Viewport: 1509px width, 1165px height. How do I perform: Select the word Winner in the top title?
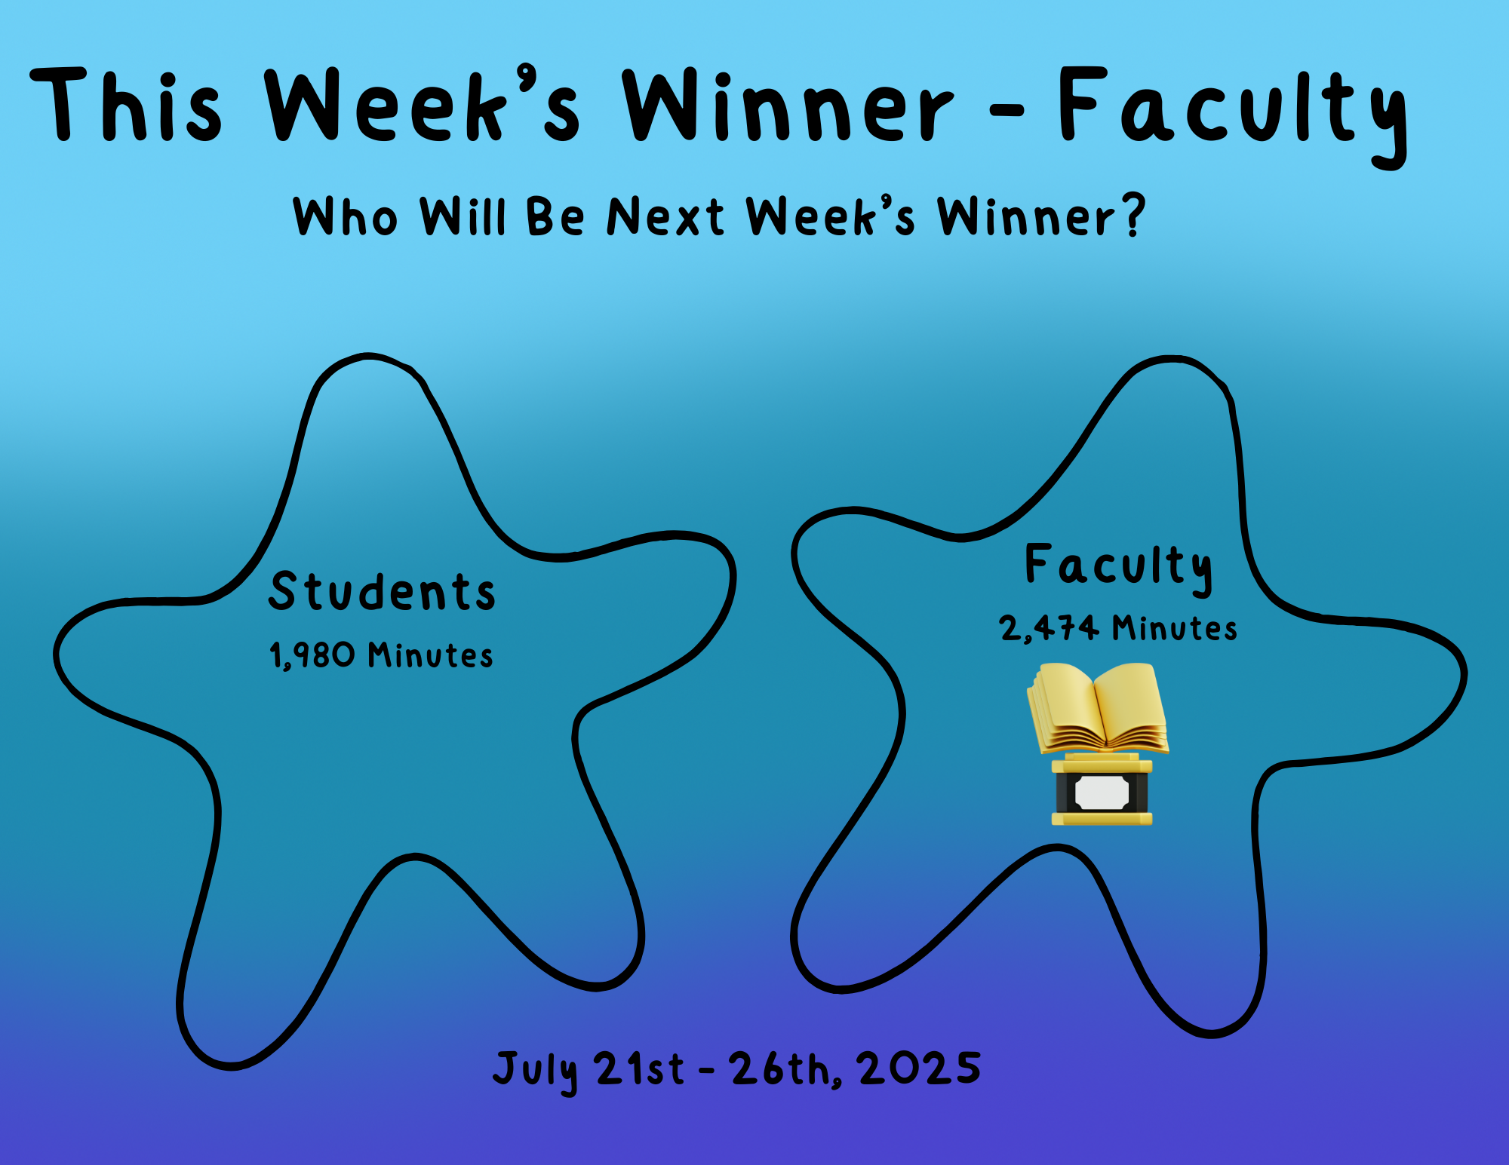point(787,106)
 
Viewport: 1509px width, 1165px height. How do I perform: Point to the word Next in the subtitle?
point(665,216)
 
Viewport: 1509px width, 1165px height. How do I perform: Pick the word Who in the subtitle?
point(345,216)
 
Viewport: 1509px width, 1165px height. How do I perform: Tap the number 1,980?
point(312,655)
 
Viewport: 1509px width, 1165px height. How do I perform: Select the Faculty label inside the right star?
point(1119,568)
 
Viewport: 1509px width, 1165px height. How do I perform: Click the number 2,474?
point(1049,628)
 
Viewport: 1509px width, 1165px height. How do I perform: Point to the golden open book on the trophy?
point(1098,708)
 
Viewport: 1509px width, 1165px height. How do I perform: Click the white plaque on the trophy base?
point(1102,792)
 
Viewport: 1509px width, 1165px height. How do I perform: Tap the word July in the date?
point(536,1071)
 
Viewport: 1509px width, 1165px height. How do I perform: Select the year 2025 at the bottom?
point(920,1068)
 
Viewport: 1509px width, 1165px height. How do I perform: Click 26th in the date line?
point(785,1069)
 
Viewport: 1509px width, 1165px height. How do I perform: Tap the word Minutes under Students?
point(431,655)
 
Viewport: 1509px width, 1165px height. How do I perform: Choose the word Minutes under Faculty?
point(1175,628)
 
